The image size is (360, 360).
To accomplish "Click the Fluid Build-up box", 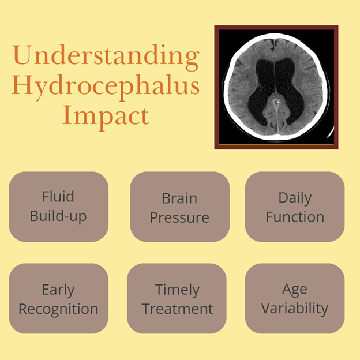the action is tap(58, 207).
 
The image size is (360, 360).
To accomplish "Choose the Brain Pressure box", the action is tap(180, 207).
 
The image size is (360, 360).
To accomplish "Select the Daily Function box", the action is tap(295, 207).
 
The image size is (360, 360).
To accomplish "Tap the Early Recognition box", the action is tap(58, 298).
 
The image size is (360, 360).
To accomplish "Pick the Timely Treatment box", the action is tap(177, 298).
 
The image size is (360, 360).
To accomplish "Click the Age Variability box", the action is tap(295, 298).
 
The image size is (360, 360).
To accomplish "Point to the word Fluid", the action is tap(58, 196).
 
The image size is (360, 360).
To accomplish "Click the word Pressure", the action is tap(179, 217).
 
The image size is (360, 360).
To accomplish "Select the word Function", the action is tap(295, 217).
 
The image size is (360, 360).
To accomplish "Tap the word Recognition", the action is tap(58, 309).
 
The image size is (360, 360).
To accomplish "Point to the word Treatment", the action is tap(178, 309).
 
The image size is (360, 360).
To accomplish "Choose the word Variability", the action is tap(295, 308).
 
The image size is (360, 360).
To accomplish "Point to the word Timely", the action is tap(177, 290).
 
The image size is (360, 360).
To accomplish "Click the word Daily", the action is tap(295, 198).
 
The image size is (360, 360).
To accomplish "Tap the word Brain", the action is tap(179, 198).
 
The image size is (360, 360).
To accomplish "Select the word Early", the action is tap(58, 290).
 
